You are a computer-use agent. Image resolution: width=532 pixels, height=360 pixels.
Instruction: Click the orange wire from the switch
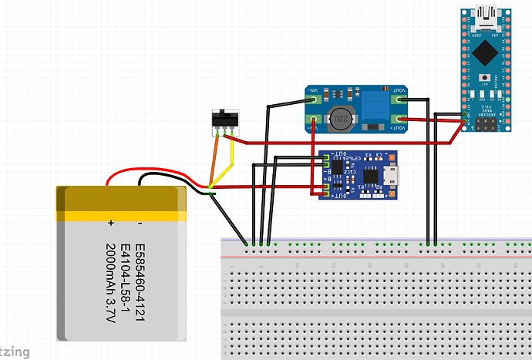point(215,158)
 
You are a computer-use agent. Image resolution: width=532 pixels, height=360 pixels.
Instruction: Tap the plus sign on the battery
point(111,224)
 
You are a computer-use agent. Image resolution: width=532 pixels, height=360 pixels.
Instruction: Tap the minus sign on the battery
point(140,224)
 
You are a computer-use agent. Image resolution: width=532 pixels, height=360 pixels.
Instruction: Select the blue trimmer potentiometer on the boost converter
point(375,101)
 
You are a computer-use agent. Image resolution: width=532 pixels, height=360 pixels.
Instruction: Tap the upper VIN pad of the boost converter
point(315,99)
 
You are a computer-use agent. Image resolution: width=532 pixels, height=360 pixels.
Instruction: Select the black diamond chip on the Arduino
point(486,52)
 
